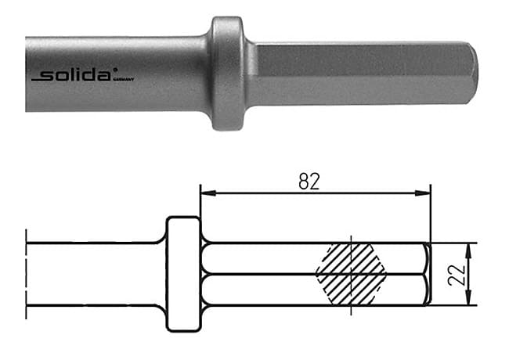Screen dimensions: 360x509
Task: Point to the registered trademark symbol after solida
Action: [x=115, y=70]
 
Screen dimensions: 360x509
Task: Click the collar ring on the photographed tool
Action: [x=227, y=72]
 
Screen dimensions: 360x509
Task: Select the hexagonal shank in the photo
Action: [x=352, y=70]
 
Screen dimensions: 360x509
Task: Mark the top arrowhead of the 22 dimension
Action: [x=468, y=247]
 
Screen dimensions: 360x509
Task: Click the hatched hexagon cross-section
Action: [x=352, y=274]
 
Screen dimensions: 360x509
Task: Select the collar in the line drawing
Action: [x=184, y=274]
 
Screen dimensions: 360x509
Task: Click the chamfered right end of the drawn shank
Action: [x=426, y=274]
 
